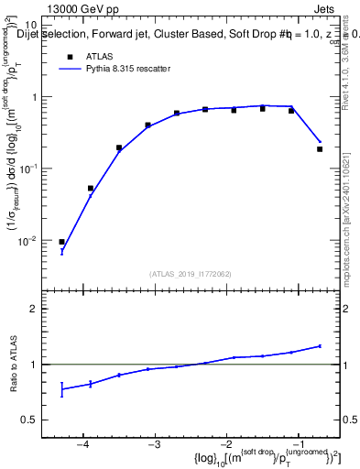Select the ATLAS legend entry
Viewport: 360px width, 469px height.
[97, 57]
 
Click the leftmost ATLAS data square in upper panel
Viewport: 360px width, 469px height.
[61, 242]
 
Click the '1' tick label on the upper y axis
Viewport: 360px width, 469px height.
[34, 97]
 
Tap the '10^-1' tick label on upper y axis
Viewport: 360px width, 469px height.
[29, 168]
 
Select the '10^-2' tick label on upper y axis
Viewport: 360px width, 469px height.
[29, 239]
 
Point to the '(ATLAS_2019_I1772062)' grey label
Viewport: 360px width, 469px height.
[190, 274]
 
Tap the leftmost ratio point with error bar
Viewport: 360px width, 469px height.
[61, 389]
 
